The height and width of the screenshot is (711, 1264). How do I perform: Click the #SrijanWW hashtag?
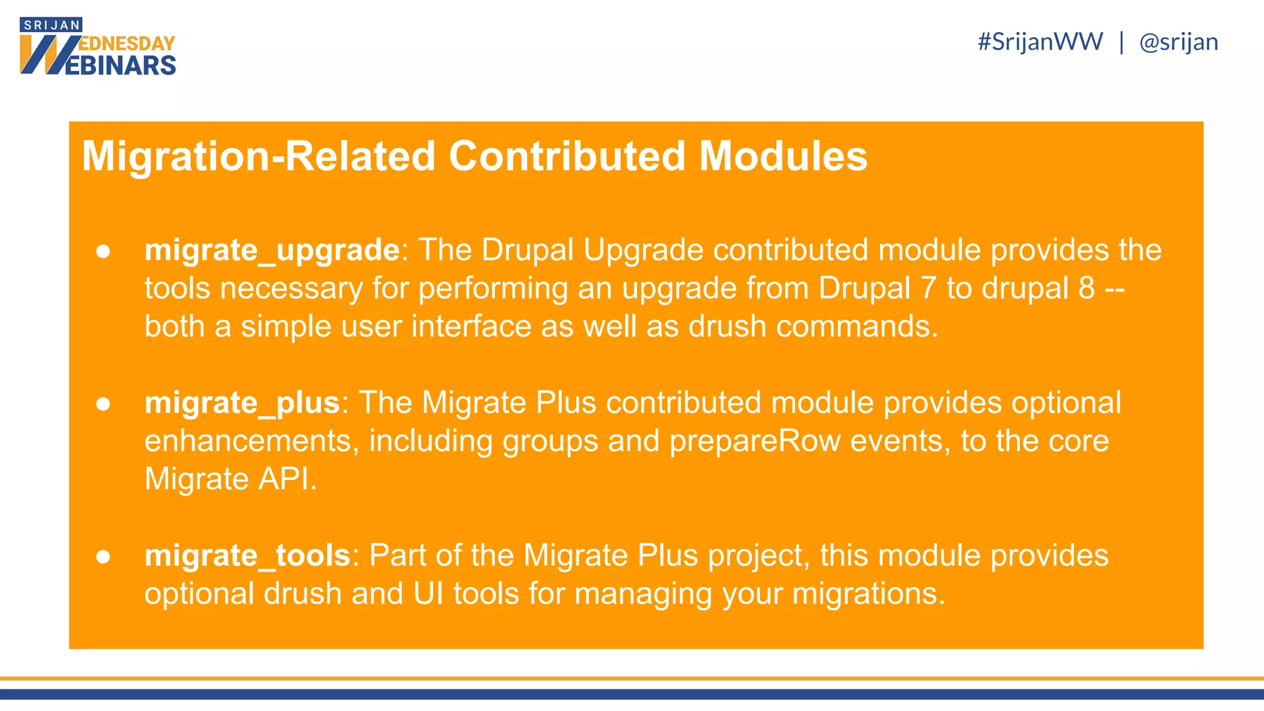point(1040,42)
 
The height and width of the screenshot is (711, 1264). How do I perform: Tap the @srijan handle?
point(1178,42)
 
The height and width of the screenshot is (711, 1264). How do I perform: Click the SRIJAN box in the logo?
point(51,25)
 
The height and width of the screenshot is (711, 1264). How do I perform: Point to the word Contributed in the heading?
point(567,156)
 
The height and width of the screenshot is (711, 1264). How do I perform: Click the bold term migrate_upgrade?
point(272,250)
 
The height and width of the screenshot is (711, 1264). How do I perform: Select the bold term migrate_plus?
point(242,402)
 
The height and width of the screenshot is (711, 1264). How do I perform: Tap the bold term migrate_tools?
point(247,555)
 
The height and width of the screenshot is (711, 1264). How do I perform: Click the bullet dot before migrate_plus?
point(103,404)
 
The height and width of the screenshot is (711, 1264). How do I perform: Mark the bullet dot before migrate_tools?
point(103,556)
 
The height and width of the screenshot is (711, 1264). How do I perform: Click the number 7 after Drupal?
point(928,288)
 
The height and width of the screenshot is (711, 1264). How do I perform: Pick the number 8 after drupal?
point(1086,288)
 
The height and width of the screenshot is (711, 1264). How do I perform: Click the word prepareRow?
point(755,441)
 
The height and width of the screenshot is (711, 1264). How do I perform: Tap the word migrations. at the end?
point(868,593)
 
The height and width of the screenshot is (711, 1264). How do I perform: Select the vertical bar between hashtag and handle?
point(1121,42)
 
